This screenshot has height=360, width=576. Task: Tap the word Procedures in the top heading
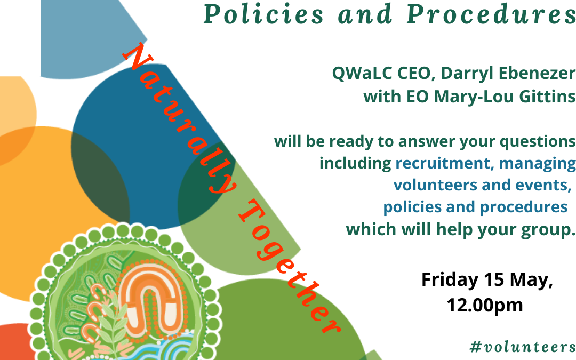point(491,15)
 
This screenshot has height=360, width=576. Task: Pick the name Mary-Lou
point(480,97)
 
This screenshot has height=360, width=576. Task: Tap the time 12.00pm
point(484,305)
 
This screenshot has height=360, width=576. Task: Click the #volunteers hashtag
point(523,347)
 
